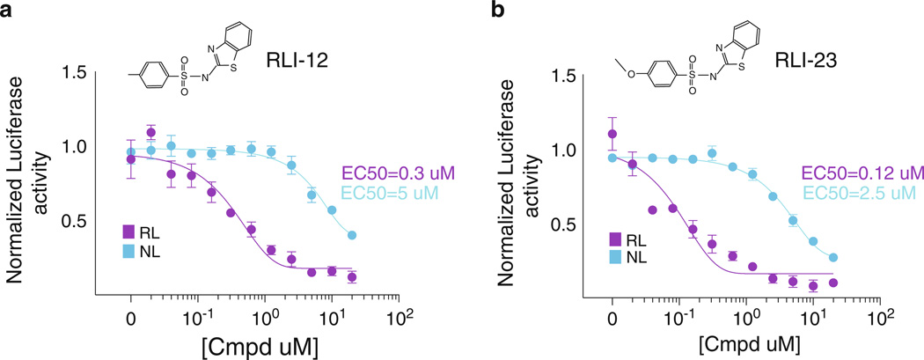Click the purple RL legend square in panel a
click(128, 232)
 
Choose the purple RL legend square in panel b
click(616, 239)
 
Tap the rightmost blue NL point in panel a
click(352, 236)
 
